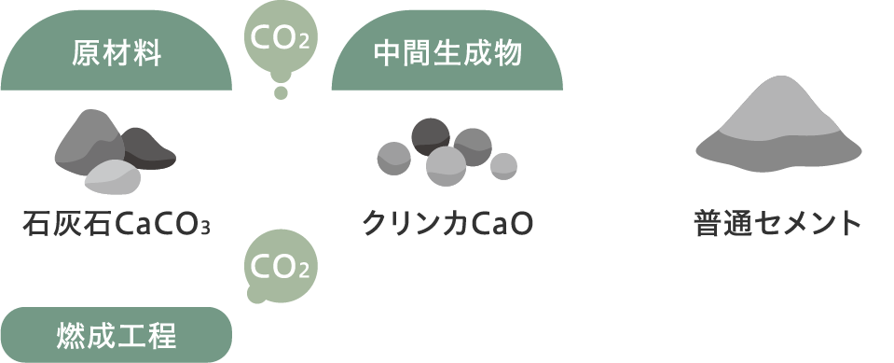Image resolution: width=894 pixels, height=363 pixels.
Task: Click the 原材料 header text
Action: [x=117, y=53]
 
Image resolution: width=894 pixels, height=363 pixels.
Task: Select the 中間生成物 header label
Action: [x=447, y=53]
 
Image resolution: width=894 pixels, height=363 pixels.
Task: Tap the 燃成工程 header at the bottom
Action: [x=117, y=334]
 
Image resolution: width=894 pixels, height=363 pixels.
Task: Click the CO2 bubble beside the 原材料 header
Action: [x=281, y=38]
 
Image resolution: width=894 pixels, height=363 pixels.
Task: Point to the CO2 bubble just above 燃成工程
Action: [x=281, y=267]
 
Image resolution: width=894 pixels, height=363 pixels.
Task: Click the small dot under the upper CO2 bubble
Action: [x=280, y=91]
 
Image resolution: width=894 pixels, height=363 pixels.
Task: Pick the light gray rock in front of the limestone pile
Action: [x=113, y=177]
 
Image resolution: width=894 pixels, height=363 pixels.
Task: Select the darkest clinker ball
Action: [x=431, y=135]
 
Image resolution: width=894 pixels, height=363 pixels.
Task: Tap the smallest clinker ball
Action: [x=503, y=165]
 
